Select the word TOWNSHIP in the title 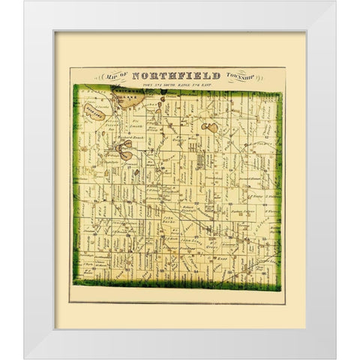tap(240, 76)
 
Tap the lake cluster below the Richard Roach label tap(128, 154)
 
